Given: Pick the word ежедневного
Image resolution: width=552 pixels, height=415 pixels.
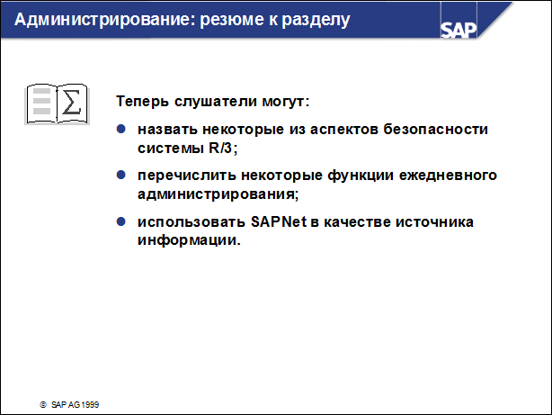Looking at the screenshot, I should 446,176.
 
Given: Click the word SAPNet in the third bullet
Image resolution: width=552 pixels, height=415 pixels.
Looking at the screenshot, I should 257,222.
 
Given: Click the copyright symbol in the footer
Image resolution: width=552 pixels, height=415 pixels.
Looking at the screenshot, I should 41,405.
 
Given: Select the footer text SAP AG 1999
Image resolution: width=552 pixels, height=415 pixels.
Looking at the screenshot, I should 76,405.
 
